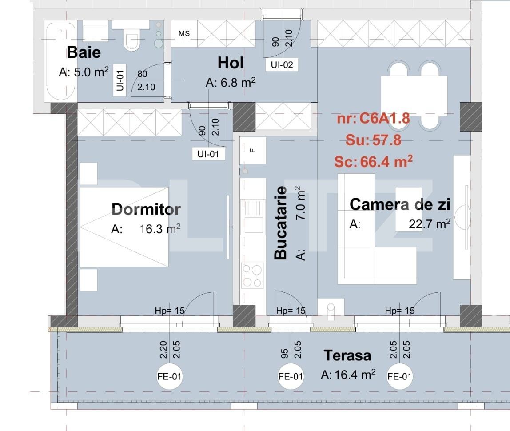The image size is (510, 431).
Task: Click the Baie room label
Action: tap(84, 52)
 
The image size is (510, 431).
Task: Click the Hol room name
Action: tap(231, 63)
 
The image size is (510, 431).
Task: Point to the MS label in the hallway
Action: tap(184, 34)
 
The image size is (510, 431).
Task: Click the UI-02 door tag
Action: tap(282, 65)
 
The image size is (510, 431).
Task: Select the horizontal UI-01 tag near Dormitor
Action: tap(208, 154)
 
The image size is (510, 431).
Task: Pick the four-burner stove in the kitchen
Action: tap(252, 276)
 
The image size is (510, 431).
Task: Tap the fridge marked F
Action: tap(253, 150)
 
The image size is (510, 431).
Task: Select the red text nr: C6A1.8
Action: tap(373, 119)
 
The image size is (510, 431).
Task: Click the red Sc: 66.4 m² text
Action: tap(373, 162)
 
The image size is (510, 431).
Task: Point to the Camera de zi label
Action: tap(400, 205)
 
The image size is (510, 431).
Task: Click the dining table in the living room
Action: tap(414, 95)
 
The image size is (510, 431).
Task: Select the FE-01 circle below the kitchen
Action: tap(291, 376)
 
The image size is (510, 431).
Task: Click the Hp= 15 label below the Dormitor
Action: tap(169, 311)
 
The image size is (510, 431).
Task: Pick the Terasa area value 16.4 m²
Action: tap(348, 375)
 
